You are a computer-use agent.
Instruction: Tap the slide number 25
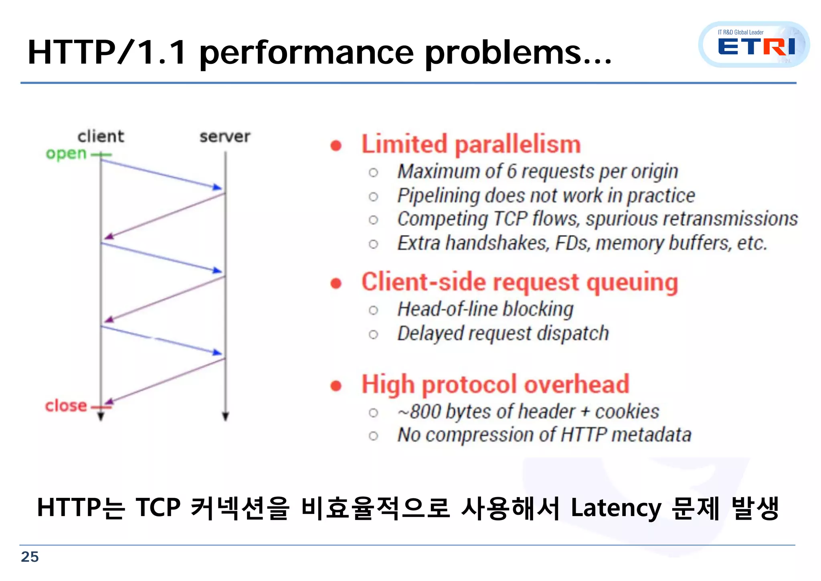[30, 557]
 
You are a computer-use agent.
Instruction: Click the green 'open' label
[66, 154]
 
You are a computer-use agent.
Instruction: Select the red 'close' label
[66, 406]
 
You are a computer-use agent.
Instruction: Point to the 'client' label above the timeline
[101, 136]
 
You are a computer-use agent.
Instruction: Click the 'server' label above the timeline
[225, 137]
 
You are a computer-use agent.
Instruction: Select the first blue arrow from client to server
[160, 174]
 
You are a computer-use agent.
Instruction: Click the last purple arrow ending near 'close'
[164, 381]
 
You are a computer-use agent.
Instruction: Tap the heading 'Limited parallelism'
[471, 144]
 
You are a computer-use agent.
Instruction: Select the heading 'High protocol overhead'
[495, 384]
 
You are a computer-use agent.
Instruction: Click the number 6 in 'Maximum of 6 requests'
[512, 171]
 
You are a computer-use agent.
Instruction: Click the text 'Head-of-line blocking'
[485, 309]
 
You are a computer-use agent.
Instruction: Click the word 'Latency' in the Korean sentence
[615, 508]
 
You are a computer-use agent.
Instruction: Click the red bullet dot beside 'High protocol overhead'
[336, 386]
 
